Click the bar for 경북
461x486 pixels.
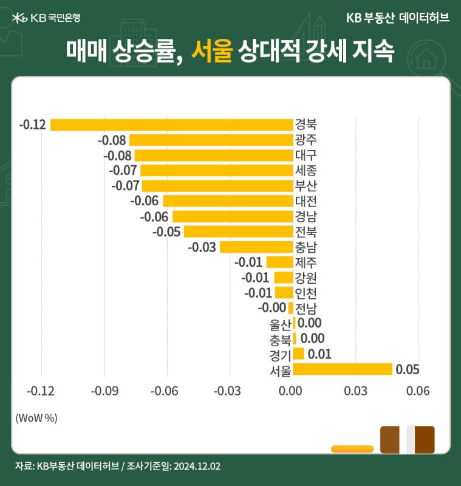pos(172,125)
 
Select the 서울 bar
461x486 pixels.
pos(343,369)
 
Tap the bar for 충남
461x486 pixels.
pos(256,247)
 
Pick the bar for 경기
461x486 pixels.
pos(299,354)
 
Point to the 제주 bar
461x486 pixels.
pos(280,262)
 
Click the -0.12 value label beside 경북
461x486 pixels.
pos(33,125)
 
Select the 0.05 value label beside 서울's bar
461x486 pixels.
pos(408,369)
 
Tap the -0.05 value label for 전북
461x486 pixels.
pos(166,232)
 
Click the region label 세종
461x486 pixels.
pos(306,171)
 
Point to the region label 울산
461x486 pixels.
pos(281,324)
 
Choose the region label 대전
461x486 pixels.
pos(306,201)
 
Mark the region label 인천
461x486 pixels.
pos(306,293)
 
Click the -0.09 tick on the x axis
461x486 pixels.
pos(104,391)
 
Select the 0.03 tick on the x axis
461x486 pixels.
pos(356,391)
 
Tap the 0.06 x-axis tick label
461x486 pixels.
pos(418,391)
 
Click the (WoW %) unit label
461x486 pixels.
pos(36,418)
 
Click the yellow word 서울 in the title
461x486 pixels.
pos(212,50)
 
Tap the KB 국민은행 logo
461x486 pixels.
pos(46,18)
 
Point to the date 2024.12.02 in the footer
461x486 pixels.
pos(197,466)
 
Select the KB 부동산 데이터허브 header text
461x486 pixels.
pos(398,18)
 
